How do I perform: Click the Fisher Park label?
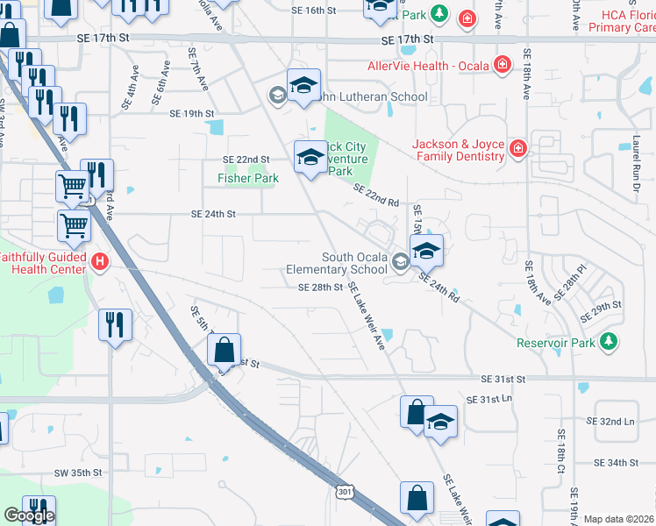(x=248, y=178)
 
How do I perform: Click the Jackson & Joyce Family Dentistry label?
(x=460, y=150)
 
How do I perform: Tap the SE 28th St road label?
(x=320, y=287)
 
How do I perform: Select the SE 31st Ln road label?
(x=488, y=399)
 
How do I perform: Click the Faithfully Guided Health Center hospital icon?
(x=100, y=261)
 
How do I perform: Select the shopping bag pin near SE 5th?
(x=225, y=349)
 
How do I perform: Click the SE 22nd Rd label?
(x=377, y=195)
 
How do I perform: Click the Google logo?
(x=29, y=515)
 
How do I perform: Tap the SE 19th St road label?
(x=192, y=114)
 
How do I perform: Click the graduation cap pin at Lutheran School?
(x=303, y=85)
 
